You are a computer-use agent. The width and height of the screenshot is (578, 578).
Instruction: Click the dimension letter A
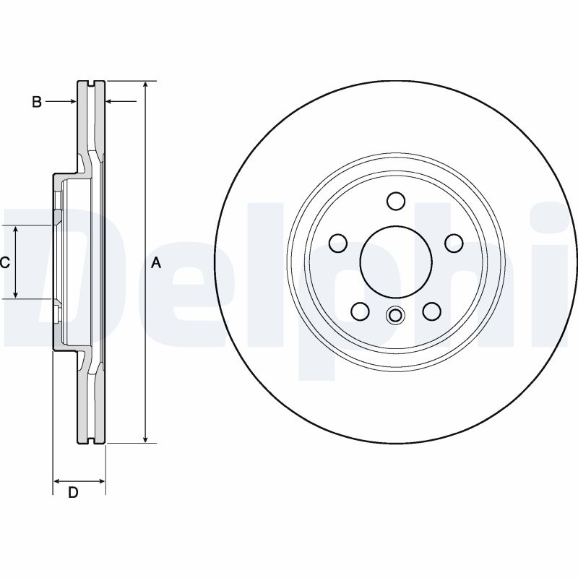tap(157, 263)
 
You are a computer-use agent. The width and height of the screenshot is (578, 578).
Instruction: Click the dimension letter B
tap(37, 102)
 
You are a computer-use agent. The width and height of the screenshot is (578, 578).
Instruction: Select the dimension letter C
tap(4, 262)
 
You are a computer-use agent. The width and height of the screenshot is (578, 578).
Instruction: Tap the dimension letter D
tap(73, 492)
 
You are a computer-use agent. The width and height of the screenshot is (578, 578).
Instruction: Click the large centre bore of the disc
tap(396, 262)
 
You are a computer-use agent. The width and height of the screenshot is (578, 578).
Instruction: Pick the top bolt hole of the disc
tap(396, 201)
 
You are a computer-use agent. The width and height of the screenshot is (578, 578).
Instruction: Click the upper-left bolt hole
tap(337, 243)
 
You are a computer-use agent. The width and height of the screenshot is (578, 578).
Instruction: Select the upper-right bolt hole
tap(454, 243)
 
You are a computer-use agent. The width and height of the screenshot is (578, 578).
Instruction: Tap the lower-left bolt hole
tap(360, 311)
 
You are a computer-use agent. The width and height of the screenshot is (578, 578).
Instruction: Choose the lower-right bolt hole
tap(431, 311)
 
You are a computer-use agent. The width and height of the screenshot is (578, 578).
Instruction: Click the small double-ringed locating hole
tap(395, 316)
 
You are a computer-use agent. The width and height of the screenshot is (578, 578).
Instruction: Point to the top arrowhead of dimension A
tap(146, 85)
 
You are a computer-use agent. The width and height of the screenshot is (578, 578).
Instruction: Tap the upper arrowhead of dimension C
tap(15, 230)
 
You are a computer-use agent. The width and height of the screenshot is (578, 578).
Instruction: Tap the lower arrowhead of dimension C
tap(15, 294)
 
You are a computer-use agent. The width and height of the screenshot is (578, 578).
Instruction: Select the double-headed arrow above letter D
tap(79, 480)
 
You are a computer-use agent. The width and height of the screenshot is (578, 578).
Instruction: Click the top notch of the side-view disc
tap(92, 84)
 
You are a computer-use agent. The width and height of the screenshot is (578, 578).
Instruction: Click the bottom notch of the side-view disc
tap(92, 440)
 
